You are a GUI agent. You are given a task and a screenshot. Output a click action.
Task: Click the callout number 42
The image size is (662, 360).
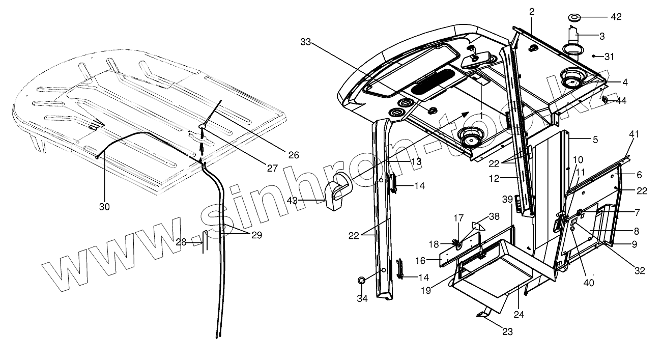(x=616, y=17)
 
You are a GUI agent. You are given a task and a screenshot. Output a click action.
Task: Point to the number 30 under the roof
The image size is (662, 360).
(x=105, y=206)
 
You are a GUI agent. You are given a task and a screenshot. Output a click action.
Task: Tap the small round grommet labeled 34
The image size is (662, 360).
(x=361, y=281)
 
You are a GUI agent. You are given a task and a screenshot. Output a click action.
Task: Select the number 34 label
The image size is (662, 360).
(x=362, y=298)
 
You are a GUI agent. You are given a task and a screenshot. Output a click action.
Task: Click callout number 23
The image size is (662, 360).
(x=507, y=332)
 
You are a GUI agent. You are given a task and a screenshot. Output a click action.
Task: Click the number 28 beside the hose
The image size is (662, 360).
(x=181, y=242)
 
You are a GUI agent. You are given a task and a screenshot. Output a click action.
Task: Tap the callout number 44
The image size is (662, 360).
(x=621, y=101)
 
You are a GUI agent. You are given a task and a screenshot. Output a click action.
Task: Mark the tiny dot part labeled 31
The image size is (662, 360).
(x=594, y=56)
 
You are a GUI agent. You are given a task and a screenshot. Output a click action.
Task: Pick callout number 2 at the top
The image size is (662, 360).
(x=531, y=11)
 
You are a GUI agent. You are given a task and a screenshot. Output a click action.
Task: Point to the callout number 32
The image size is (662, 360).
(x=640, y=271)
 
